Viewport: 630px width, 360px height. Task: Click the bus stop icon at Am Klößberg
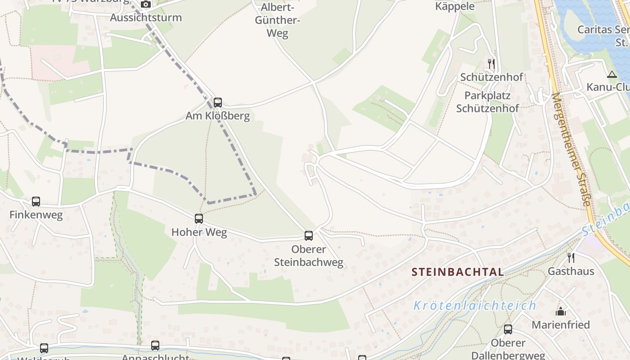pyautogui.click(x=218, y=103)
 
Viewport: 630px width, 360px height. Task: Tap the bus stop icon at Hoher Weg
pyautogui.click(x=199, y=219)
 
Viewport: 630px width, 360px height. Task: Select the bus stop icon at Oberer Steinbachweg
pyautogui.click(x=309, y=235)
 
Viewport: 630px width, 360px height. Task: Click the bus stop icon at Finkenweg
pyautogui.click(x=36, y=202)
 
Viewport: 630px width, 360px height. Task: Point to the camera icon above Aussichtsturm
pyautogui.click(x=145, y=4)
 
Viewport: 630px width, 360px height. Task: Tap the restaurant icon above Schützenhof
pyautogui.click(x=491, y=64)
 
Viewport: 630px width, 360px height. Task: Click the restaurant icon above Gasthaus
pyautogui.click(x=571, y=258)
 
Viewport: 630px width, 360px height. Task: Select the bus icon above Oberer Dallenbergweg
pyautogui.click(x=508, y=329)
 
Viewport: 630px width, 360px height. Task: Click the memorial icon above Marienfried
pyautogui.click(x=561, y=311)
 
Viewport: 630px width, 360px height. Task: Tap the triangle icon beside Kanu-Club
pyautogui.click(x=612, y=75)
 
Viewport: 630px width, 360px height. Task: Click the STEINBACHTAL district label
pyautogui.click(x=458, y=272)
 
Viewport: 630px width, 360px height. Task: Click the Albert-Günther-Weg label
pyautogui.click(x=278, y=20)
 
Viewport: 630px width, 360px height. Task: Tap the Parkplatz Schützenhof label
pyautogui.click(x=487, y=102)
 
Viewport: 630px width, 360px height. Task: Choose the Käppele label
pyautogui.click(x=455, y=6)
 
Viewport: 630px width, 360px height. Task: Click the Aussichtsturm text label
pyautogui.click(x=146, y=18)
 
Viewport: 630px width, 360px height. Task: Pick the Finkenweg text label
pyautogui.click(x=36, y=215)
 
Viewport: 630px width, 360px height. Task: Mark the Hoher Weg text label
pyautogui.click(x=199, y=232)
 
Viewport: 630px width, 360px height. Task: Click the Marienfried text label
pyautogui.click(x=561, y=324)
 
